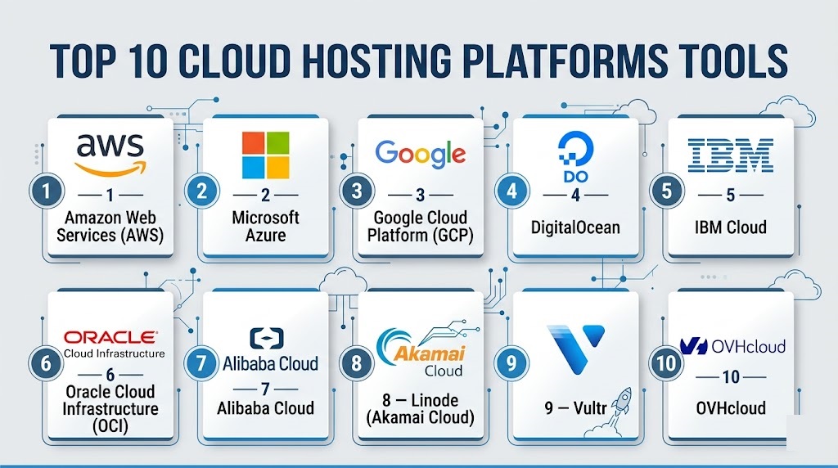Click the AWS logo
[x=110, y=153]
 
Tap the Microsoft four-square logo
[x=265, y=155]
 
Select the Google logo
[x=420, y=153]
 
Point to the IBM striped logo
[x=731, y=155]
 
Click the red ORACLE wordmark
[x=111, y=337]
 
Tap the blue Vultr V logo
[x=575, y=347]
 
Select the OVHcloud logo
[x=732, y=346]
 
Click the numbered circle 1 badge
[x=47, y=192]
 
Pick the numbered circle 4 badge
[x=512, y=192]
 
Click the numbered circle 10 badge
[x=668, y=363]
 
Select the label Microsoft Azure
[x=265, y=226]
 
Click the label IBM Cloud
[x=731, y=226]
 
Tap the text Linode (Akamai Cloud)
[x=420, y=408]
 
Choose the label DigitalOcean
[x=575, y=226]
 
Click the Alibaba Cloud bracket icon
[x=265, y=338]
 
